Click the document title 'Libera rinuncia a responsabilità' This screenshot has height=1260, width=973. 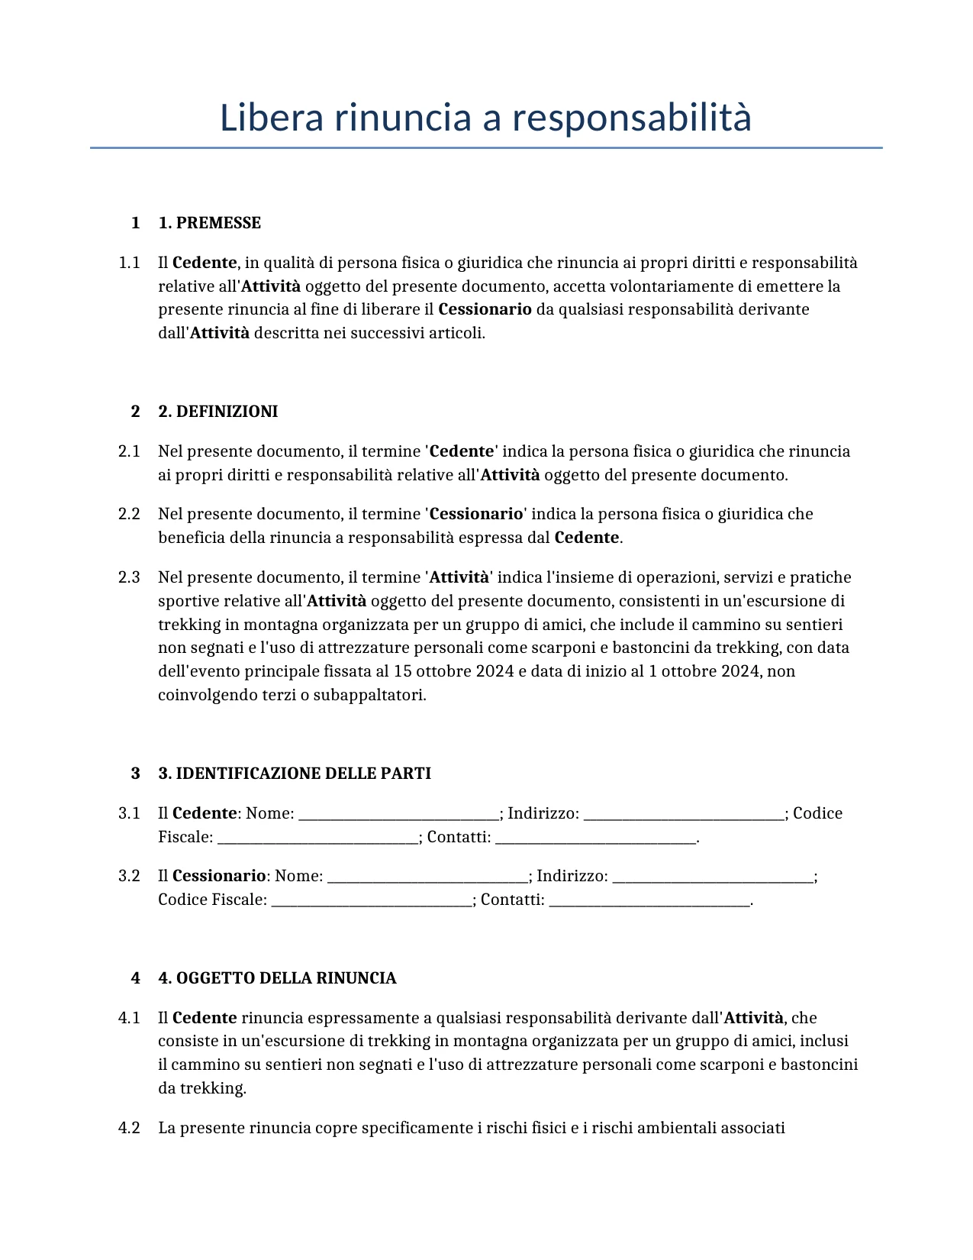[485, 118]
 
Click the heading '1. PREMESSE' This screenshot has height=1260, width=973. [209, 223]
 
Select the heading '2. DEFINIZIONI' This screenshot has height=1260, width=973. [217, 412]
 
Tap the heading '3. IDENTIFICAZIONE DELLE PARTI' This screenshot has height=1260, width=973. [294, 774]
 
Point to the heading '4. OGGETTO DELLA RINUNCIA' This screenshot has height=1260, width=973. [277, 978]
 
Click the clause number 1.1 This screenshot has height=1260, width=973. [129, 263]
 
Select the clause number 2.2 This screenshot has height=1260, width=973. [129, 514]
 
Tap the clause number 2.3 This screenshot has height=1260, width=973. [129, 577]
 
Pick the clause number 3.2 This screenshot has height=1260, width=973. [129, 876]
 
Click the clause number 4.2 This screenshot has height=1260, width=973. [129, 1128]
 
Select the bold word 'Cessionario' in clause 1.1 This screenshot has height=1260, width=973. [485, 309]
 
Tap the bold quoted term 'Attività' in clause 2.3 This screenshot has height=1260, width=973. [459, 577]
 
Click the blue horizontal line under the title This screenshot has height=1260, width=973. [485, 147]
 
